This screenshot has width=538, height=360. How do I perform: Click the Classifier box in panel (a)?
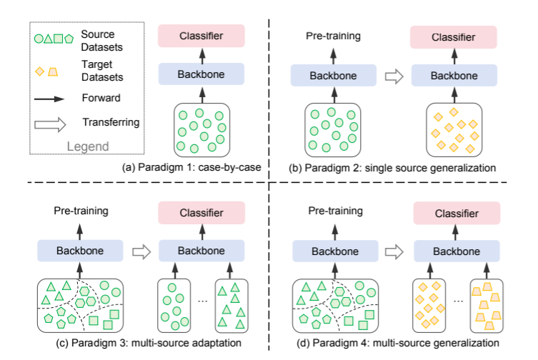pos(202,36)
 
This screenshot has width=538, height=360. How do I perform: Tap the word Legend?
pos(88,146)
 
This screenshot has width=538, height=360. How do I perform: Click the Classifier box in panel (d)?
pos(454,212)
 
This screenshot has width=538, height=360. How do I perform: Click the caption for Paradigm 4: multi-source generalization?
pos(400,343)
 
